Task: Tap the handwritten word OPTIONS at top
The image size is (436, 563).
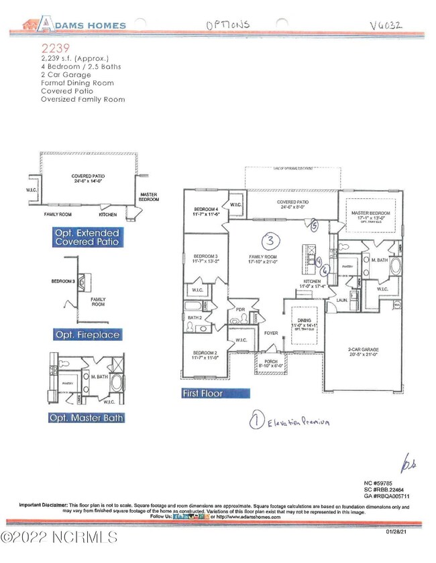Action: point(227,25)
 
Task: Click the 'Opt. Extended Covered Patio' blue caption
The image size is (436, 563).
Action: point(87,237)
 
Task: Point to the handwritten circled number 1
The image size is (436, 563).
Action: point(256,422)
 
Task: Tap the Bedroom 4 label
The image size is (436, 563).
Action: point(205,212)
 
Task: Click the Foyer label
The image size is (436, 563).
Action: point(270,332)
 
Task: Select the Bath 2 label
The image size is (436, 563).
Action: point(195,317)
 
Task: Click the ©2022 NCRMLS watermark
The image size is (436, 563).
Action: point(59,538)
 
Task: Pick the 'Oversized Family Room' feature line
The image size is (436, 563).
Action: point(83,99)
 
